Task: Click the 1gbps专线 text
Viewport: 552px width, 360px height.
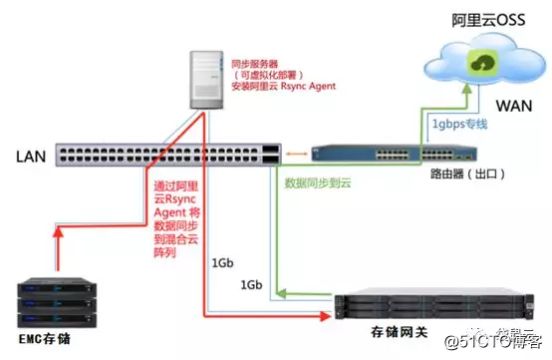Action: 459,124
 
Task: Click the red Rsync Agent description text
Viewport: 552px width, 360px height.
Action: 177,218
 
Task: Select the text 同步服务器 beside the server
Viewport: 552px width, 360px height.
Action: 254,62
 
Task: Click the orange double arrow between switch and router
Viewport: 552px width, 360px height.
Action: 296,154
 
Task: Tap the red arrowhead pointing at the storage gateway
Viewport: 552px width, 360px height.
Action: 323,318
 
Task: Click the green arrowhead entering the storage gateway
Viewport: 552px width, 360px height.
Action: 283,291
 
